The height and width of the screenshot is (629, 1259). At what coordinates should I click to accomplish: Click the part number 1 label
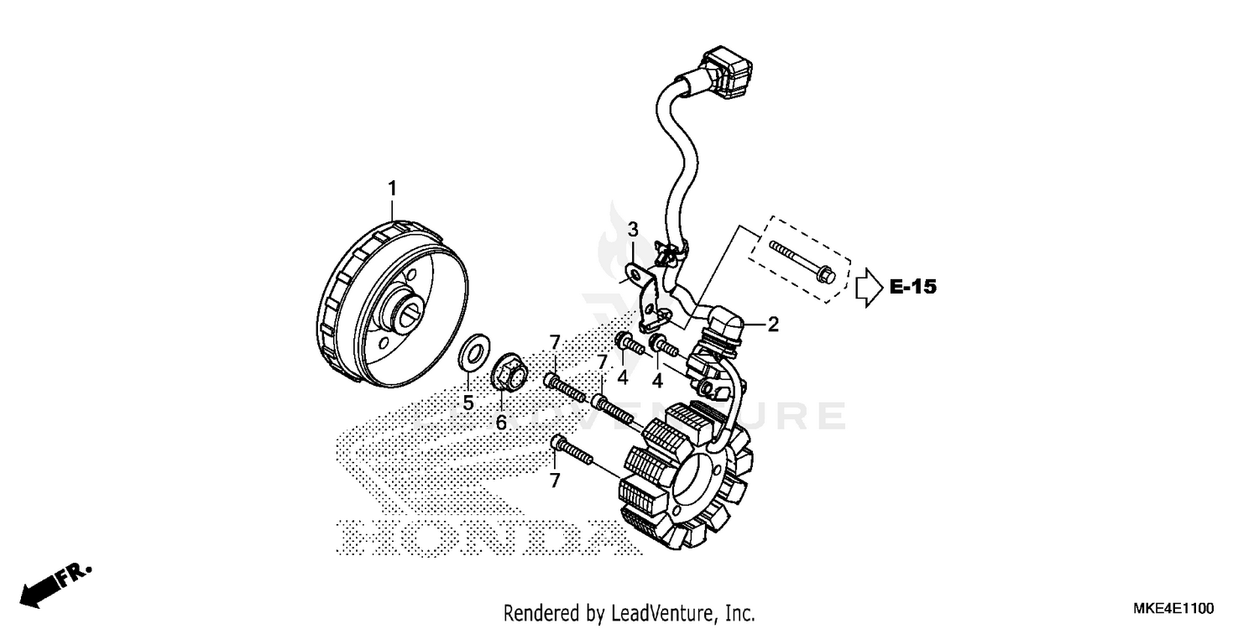tap(391, 189)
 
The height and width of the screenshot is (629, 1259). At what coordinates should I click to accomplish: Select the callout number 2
tap(773, 325)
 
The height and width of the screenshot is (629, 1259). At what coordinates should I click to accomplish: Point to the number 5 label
tap(468, 403)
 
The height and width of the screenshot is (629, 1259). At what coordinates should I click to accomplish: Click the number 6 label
tap(501, 423)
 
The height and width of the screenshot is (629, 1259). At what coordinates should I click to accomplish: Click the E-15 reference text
tap(912, 288)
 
